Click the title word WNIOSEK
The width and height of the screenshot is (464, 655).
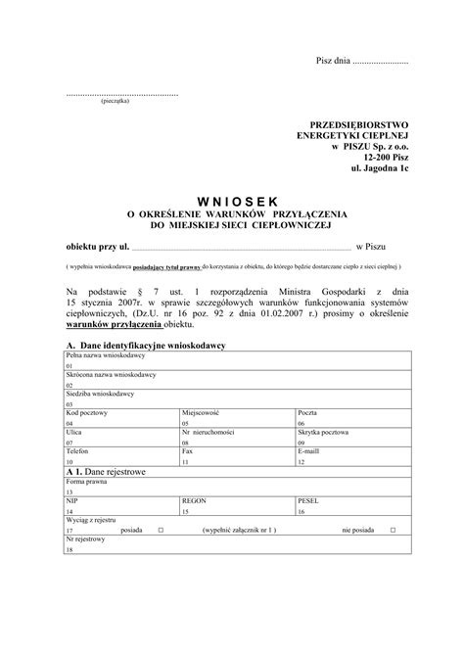tap(231, 200)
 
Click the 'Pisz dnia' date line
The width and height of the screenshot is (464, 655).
tap(361, 63)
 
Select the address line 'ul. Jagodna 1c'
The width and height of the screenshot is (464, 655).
tap(380, 168)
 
